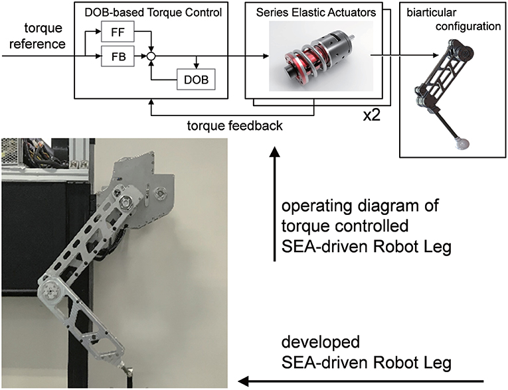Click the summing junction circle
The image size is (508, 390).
(x=152, y=58)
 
